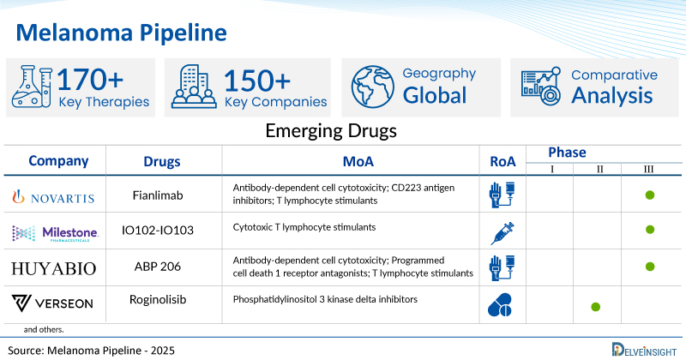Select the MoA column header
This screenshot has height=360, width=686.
click(350, 161)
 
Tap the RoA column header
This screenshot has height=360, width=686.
click(502, 161)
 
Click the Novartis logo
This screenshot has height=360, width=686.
click(53, 196)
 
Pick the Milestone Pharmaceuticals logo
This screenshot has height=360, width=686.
click(56, 232)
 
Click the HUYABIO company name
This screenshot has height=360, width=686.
click(53, 267)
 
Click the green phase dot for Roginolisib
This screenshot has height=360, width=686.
click(596, 306)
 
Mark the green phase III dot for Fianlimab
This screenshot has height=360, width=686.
click(650, 196)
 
